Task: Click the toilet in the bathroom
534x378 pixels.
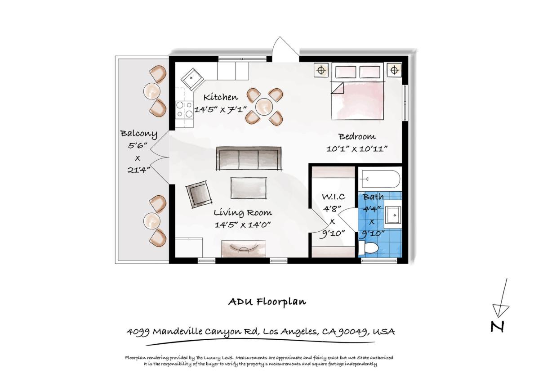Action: point(368,248)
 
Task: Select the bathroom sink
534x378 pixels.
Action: point(393,215)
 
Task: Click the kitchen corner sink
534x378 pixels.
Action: point(192,79)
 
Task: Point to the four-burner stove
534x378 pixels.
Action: point(184,109)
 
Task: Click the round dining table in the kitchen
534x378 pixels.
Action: point(264,106)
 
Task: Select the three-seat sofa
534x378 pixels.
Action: point(249,158)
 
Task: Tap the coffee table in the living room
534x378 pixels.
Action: point(248,188)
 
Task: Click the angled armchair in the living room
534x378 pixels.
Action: point(199,193)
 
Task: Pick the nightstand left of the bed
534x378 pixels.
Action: point(320,70)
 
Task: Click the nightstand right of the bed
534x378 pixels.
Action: point(394,70)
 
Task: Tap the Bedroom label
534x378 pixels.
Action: point(357,137)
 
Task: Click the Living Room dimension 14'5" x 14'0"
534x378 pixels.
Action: point(242,225)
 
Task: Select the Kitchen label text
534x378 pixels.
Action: point(221,97)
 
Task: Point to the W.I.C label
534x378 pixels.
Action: point(334,197)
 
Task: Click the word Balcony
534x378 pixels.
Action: point(138,134)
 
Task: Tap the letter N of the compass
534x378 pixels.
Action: point(497,327)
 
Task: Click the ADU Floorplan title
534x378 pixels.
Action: point(267,301)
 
